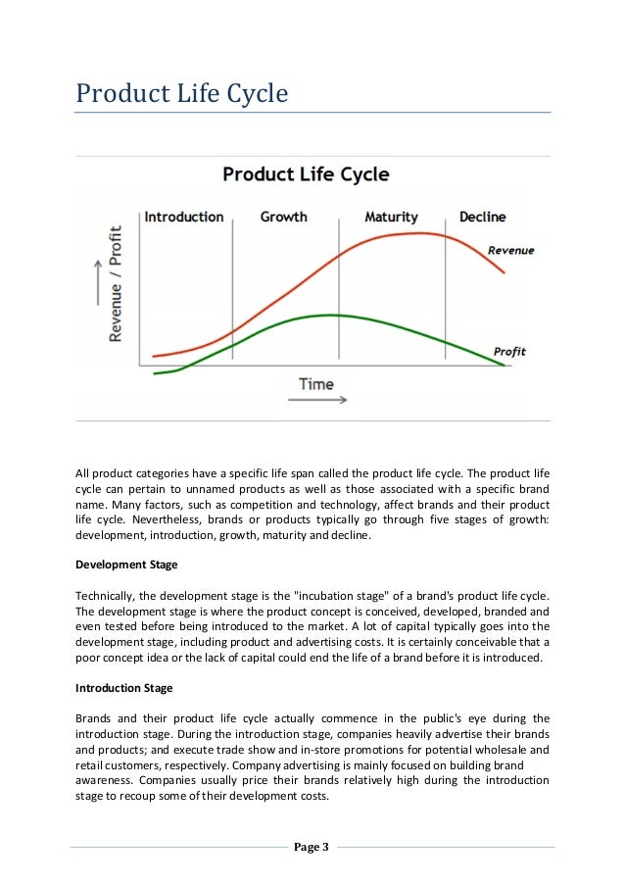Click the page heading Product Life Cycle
click(x=183, y=95)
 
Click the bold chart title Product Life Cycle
click(x=306, y=174)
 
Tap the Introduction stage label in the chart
click(x=184, y=217)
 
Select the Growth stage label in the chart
click(x=283, y=217)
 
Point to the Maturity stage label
click(x=391, y=217)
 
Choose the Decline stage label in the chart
click(x=482, y=217)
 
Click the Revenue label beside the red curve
click(x=511, y=251)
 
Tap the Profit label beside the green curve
click(x=509, y=352)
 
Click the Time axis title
click(x=315, y=384)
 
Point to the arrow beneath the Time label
click(x=323, y=400)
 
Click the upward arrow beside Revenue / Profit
click(x=96, y=284)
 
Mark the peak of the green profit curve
click(x=331, y=315)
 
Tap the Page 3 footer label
click(x=312, y=848)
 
